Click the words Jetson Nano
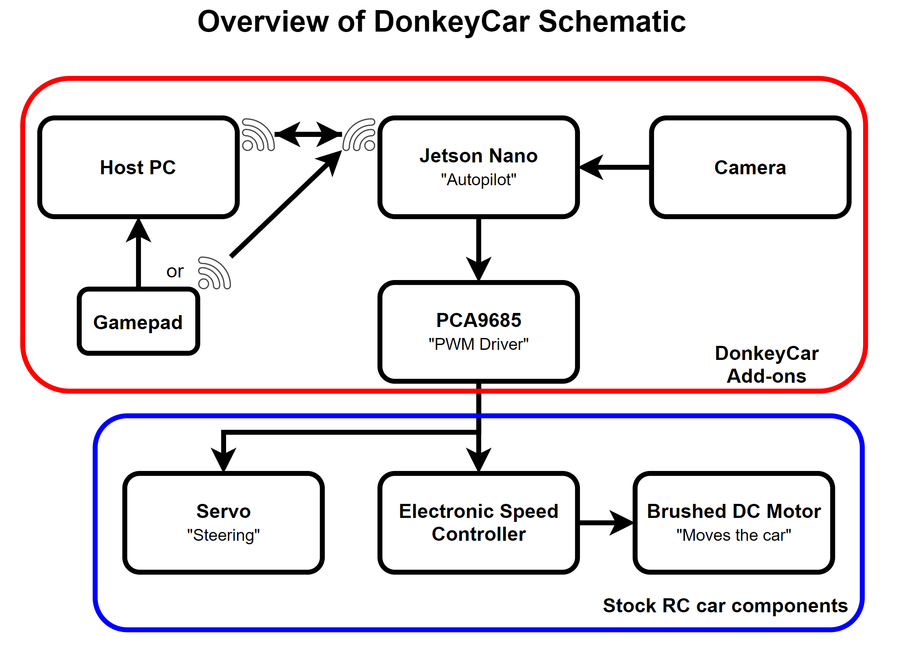(x=478, y=156)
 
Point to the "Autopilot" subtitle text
(x=478, y=180)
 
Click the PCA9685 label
(x=478, y=320)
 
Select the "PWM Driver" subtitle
(x=478, y=344)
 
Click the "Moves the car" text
(x=734, y=535)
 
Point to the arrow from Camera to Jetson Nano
(x=615, y=167)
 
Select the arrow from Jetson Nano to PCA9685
(x=478, y=248)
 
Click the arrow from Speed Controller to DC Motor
(x=606, y=522)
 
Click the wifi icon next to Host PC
(x=258, y=135)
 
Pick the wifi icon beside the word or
(x=214, y=273)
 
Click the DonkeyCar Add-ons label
(x=766, y=364)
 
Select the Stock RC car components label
(x=725, y=606)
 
